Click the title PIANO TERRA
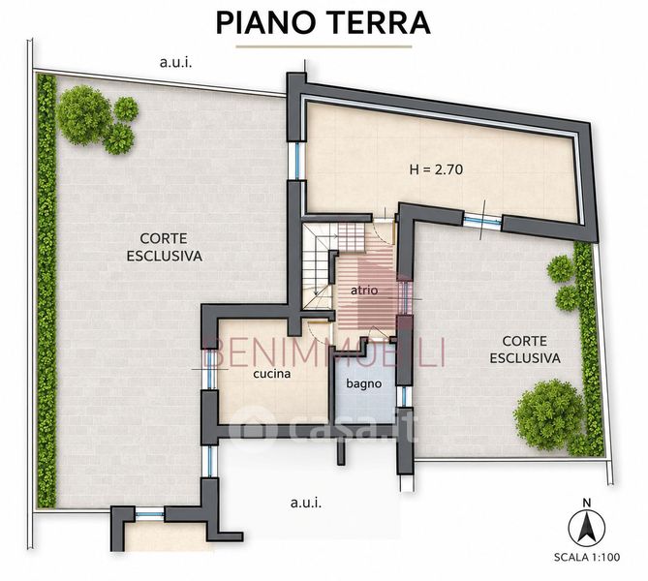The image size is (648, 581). [324, 23]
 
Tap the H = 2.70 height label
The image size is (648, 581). [436, 169]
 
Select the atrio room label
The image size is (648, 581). [364, 290]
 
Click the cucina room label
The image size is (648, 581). [272, 374]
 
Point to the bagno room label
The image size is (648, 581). [363, 383]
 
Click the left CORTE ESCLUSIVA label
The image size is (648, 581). [164, 247]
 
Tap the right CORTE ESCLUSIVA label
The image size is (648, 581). [525, 350]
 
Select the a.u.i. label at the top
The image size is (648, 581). [175, 63]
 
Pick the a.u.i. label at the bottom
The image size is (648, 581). [306, 503]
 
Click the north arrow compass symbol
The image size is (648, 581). [586, 527]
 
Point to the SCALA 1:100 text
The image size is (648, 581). [587, 557]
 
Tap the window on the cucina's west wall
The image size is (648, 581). [211, 369]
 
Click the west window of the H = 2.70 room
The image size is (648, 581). [296, 161]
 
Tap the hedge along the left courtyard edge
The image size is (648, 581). [46, 290]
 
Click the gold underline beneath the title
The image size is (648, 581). [324, 46]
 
